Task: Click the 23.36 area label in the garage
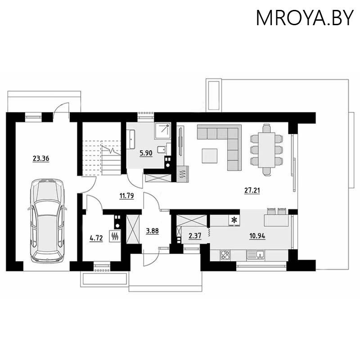pyautogui.click(x=41, y=158)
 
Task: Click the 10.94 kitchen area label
pyautogui.click(x=257, y=236)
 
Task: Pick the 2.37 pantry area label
pyautogui.click(x=194, y=236)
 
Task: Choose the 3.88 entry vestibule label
pyautogui.click(x=152, y=233)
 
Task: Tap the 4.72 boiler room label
pyautogui.click(x=96, y=238)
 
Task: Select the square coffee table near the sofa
pyautogui.click(x=210, y=156)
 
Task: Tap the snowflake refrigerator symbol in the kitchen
pyautogui.click(x=234, y=220)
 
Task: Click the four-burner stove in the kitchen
pyautogui.click(x=225, y=255)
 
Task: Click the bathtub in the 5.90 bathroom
pyautogui.click(x=131, y=139)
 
